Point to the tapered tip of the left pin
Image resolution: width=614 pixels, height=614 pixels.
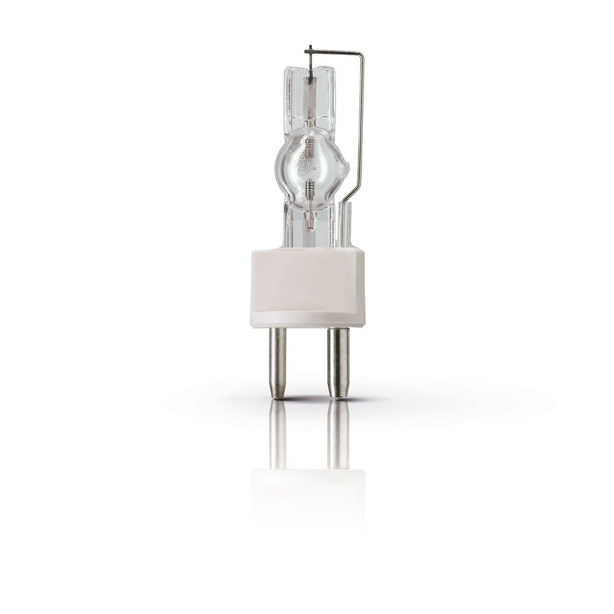(278, 393)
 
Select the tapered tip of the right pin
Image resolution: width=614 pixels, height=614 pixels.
(337, 393)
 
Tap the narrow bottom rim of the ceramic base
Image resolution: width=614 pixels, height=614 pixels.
(307, 321)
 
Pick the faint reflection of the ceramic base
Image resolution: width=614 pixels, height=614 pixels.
(307, 491)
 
